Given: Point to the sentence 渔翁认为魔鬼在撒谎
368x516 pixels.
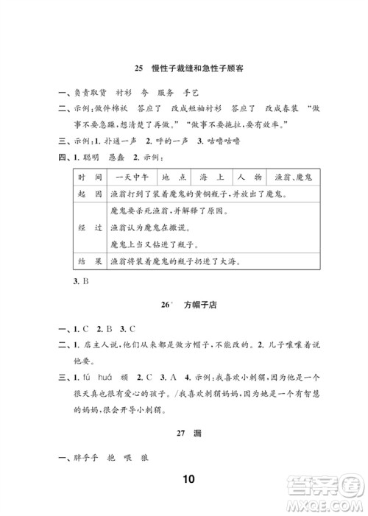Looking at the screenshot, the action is tap(155, 227).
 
